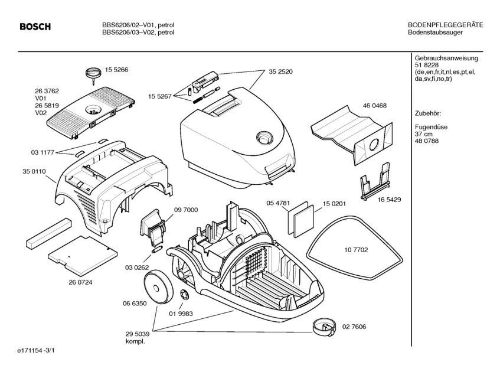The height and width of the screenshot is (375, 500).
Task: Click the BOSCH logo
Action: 35,27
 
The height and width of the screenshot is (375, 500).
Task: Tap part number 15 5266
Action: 117,70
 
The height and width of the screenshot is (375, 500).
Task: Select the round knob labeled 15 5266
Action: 92,73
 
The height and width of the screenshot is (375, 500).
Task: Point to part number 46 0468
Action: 375,105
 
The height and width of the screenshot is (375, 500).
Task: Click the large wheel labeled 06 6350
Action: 158,287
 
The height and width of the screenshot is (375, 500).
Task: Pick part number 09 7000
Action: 186,210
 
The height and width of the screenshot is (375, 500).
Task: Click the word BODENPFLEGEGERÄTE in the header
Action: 446,25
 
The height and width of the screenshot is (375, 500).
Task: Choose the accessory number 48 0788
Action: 427,141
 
